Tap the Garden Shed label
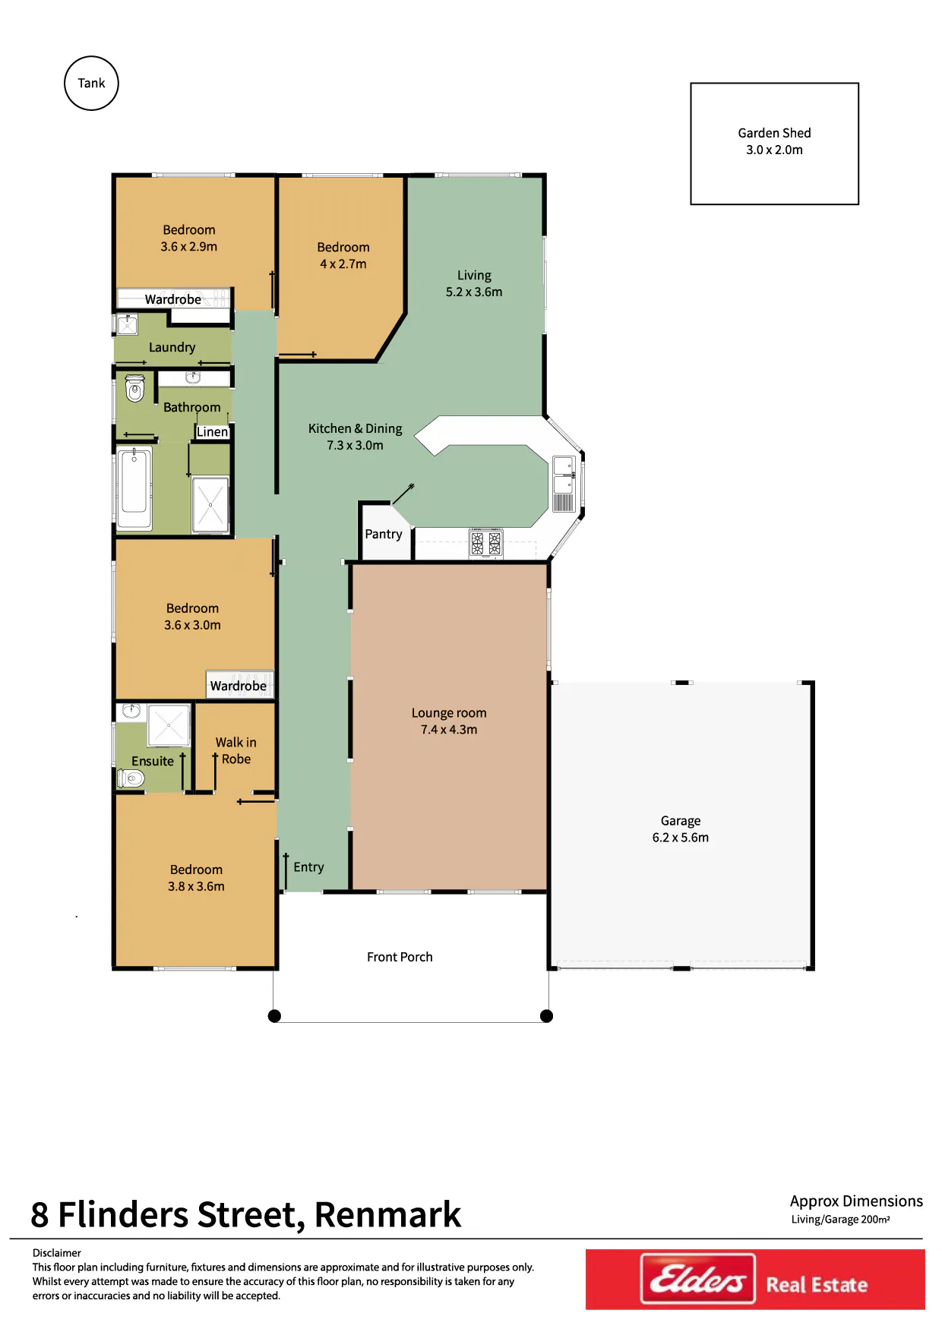pos(774,133)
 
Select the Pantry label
pos(384,534)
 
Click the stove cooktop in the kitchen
pos(486,543)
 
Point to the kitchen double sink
pos(564,475)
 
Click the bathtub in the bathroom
pos(134,487)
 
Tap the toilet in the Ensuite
pos(131,778)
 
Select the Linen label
pos(212,431)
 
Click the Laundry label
pos(172,347)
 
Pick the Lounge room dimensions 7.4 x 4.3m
pos(449,730)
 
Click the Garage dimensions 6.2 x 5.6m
pos(681,838)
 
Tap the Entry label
pos(308,867)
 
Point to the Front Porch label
pos(400,957)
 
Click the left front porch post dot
pos(275,1016)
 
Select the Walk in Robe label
pos(236,750)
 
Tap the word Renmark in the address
pos(387,1214)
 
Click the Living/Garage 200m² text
pos(840,1220)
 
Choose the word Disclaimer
pos(56,1253)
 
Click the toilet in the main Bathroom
pos(134,387)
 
